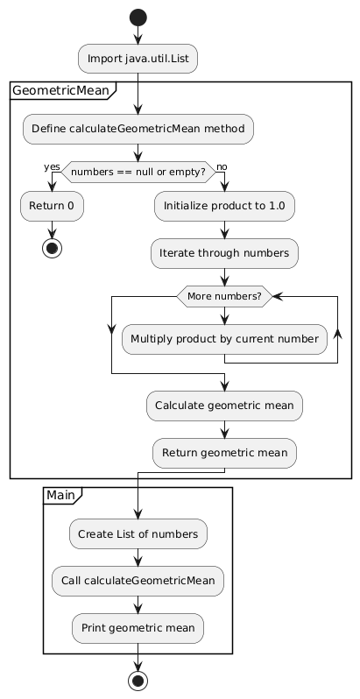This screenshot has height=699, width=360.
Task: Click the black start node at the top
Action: point(138,18)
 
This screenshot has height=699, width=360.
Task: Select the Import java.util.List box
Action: point(138,59)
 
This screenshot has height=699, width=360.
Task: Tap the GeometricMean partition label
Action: point(60,91)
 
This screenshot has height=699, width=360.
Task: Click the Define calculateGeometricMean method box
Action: point(138,129)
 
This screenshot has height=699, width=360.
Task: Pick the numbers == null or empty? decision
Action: point(138,172)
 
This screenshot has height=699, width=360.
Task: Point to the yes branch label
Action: point(52,166)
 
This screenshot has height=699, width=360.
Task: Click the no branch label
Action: point(222,166)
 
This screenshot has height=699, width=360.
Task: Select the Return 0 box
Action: point(52,206)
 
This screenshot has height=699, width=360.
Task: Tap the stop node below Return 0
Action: point(52,249)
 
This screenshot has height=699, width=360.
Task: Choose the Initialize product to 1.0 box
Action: point(224,206)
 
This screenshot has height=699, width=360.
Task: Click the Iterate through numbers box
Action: point(224,253)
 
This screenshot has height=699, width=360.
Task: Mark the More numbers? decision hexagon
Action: point(224,296)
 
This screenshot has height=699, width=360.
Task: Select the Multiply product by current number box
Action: point(224,339)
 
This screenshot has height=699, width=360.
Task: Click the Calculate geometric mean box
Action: point(224,406)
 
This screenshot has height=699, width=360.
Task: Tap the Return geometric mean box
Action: point(224,453)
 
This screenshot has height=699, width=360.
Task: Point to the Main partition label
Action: point(60,495)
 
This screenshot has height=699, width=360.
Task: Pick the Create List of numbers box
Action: point(138,533)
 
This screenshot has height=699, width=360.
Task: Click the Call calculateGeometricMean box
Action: point(138,581)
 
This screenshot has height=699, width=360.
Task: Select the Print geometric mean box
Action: point(138,628)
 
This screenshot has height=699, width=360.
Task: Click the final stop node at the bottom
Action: point(138,681)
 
